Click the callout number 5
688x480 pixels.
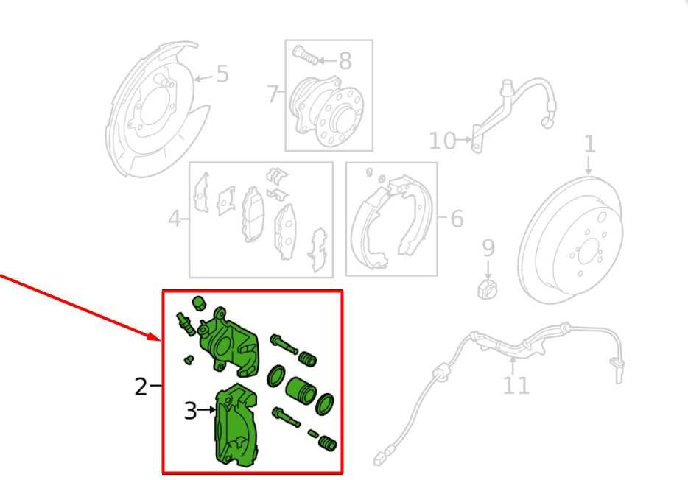222,74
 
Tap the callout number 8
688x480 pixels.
345,60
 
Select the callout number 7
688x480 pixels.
273,93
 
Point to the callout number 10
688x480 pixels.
442,141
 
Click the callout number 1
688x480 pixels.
590,144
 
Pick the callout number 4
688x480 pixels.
175,219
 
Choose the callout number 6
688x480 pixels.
457,219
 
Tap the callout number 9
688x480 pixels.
488,248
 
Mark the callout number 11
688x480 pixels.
516,385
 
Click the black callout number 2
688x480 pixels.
141,387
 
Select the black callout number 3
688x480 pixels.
190,412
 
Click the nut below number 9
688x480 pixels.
488,289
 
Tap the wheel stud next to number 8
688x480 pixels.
306,54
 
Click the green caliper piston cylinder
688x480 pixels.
301,389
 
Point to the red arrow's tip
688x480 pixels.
160,340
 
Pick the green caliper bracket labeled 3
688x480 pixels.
237,426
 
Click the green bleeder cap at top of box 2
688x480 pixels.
199,303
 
